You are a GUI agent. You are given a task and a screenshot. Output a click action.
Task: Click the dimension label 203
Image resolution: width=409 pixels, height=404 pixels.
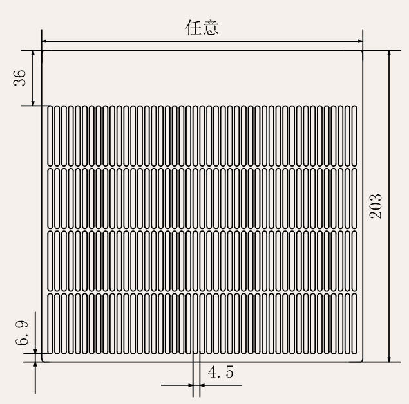coord(376,205)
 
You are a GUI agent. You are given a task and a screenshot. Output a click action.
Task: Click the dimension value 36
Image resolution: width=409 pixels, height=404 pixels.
coord(20,77)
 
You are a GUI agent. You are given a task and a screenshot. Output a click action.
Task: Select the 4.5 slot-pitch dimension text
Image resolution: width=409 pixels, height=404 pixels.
coord(221,372)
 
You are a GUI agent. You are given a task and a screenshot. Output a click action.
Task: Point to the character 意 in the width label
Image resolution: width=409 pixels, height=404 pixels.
coord(211,29)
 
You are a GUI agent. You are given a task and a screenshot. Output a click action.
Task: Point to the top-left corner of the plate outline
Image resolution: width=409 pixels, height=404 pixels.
coord(43,51)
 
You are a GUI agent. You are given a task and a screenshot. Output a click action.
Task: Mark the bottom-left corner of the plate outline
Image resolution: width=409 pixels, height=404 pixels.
coord(43,361)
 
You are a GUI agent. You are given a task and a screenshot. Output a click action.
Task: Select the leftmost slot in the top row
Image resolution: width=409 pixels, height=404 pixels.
coord(53,136)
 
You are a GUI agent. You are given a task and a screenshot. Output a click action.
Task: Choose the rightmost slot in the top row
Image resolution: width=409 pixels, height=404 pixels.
coord(354,136)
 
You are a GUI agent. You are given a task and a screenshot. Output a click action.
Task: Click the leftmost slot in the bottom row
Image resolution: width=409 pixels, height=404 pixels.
coord(53,324)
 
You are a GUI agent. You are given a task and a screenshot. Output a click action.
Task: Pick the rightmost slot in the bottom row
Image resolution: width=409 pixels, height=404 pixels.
coord(354,324)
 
